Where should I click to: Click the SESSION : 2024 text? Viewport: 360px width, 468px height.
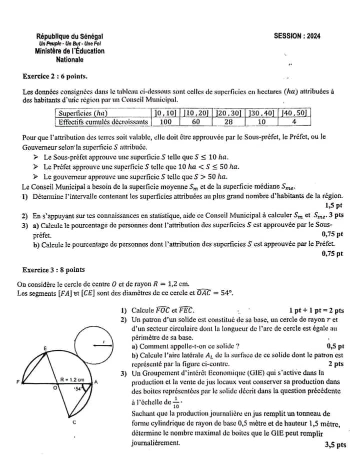click(x=297, y=36)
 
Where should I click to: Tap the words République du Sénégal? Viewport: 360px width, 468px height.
click(x=69, y=37)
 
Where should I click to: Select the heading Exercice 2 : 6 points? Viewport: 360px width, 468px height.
click(x=55, y=77)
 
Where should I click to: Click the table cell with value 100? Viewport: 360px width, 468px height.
click(x=165, y=122)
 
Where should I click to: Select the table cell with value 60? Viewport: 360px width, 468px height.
click(x=196, y=122)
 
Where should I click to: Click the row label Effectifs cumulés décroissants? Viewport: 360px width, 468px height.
click(x=103, y=122)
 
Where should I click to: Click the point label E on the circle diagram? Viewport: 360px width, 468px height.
click(x=45, y=348)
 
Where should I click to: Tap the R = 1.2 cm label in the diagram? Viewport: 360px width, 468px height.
click(x=72, y=379)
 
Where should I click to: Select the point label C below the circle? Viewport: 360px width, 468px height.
click(x=74, y=422)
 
